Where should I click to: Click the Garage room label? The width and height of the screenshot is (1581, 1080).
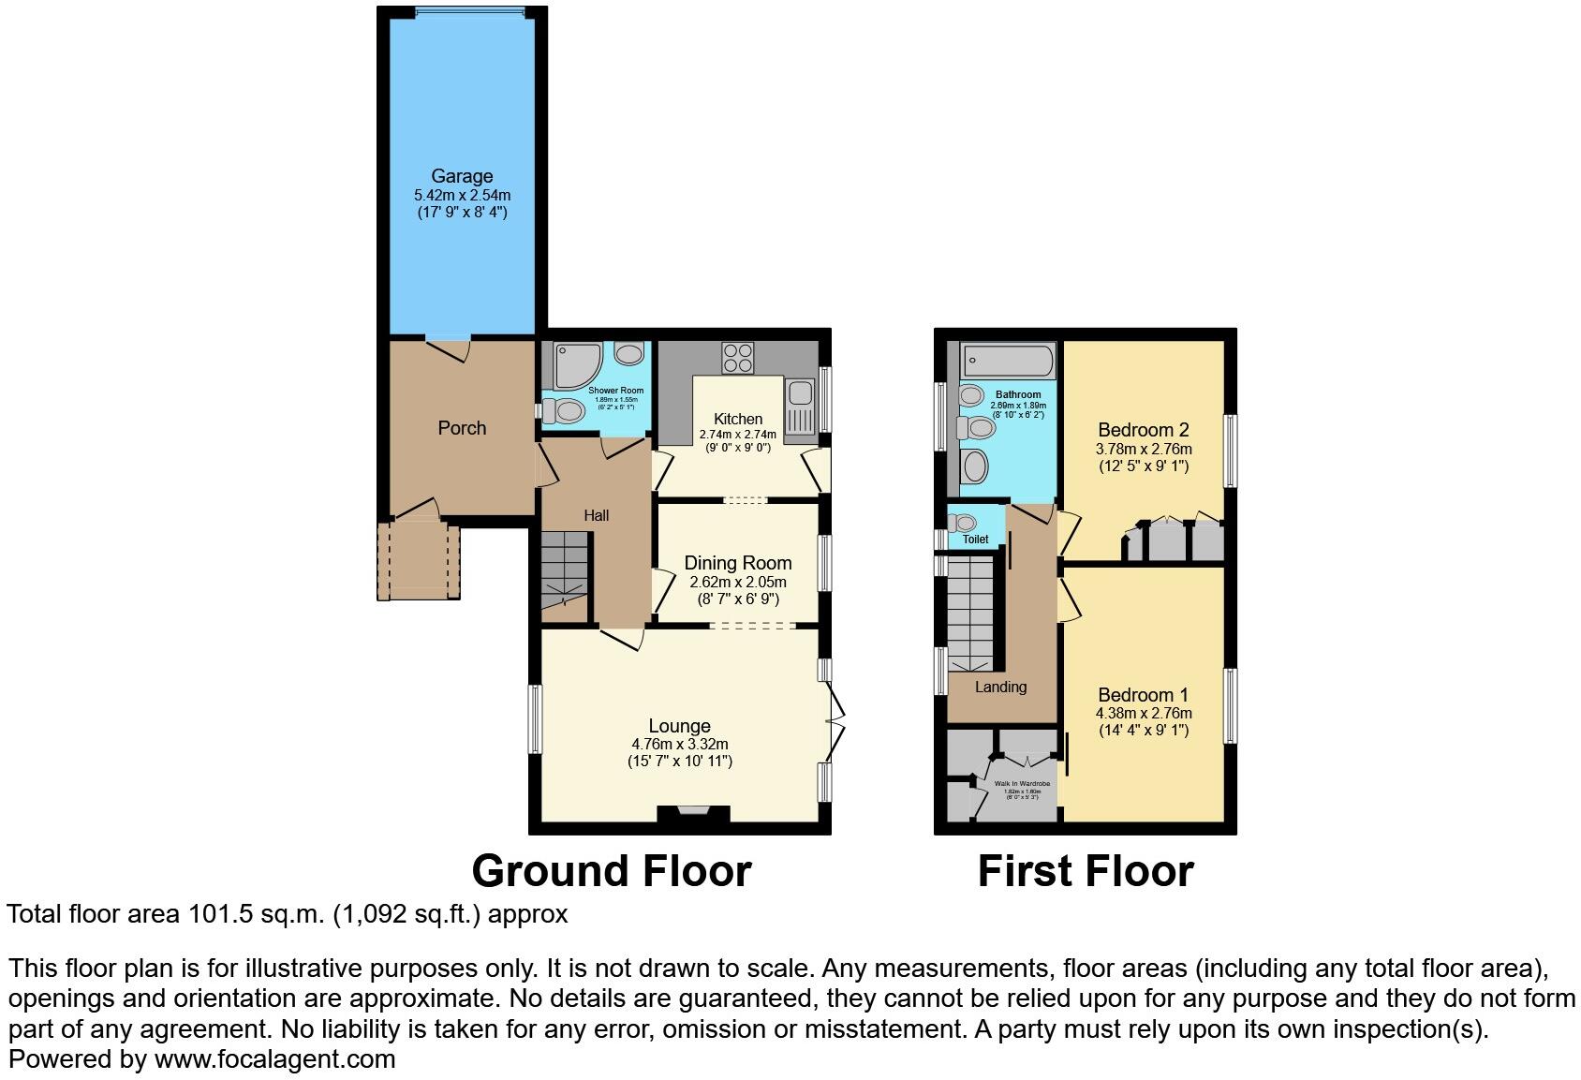point(462,176)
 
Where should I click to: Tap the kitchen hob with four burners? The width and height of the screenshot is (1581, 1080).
point(738,358)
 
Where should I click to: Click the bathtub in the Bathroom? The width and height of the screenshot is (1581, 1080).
point(1008,361)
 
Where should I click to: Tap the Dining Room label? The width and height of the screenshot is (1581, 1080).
point(737,563)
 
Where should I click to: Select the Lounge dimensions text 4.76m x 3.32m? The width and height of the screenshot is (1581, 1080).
point(679,744)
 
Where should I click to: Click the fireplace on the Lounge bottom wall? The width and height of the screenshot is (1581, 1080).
point(693,813)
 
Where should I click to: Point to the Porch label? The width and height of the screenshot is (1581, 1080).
point(462,428)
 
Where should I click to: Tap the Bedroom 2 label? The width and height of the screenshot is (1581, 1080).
point(1143,430)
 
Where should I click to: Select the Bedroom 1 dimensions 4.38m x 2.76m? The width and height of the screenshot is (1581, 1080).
point(1143,713)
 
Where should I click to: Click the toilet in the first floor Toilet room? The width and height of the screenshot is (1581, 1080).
point(964,523)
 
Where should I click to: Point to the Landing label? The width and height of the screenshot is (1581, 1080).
point(1000,687)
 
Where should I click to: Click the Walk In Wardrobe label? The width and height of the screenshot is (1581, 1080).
point(1022,783)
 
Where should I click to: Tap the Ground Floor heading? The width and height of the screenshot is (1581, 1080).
point(611,871)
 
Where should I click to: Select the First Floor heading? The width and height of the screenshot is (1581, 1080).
point(1085,871)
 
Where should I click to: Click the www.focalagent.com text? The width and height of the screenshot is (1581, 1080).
point(274,1059)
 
